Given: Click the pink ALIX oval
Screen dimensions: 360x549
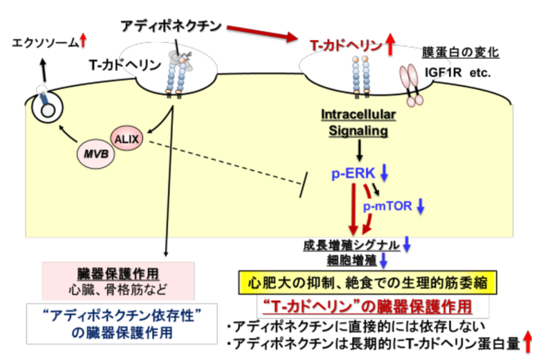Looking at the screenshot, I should (x=128, y=136).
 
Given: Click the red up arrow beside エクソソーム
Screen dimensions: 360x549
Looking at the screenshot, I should (x=84, y=43).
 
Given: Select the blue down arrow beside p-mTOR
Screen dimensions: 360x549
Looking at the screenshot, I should (x=421, y=206).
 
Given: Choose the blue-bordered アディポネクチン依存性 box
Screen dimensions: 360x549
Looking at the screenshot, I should (x=117, y=323).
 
